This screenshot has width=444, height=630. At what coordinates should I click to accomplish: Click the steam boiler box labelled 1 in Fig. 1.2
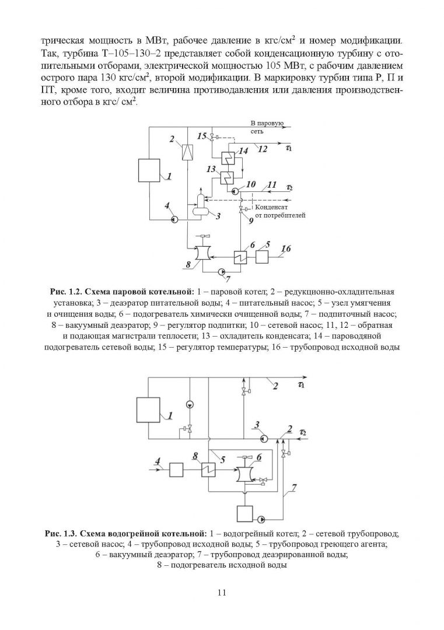[148, 170]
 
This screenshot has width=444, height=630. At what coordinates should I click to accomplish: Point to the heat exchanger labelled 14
[228, 159]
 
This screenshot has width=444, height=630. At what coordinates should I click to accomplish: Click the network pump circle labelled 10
[235, 191]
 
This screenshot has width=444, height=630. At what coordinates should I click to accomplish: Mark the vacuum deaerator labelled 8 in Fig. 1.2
[204, 253]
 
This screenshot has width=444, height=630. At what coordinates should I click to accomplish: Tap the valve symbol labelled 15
[212, 138]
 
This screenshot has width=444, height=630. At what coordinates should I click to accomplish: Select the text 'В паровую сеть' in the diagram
[267, 127]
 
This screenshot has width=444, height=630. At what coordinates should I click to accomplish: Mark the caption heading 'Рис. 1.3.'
[61, 533]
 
